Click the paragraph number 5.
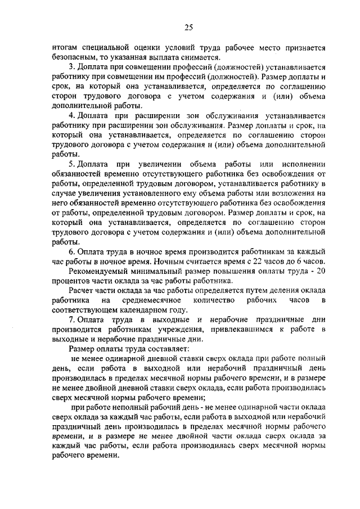click(71, 164)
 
